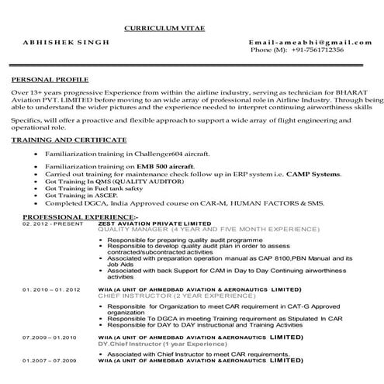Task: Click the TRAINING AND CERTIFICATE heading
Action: tap(70, 140)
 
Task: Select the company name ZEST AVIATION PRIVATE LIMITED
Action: tap(149, 223)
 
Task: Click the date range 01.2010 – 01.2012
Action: tap(51, 289)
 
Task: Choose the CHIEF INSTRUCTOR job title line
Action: tap(164, 296)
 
